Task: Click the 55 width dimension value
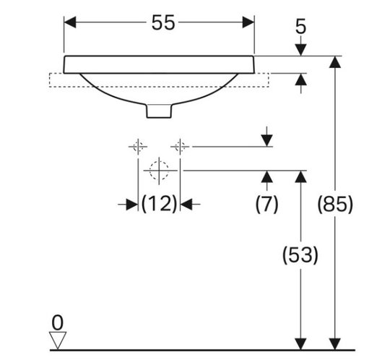coord(163,22)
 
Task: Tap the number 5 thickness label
coord(300,27)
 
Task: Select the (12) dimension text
coord(159,203)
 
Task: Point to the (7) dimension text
coord(266,204)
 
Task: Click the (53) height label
coord(300,254)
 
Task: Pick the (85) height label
coord(335,204)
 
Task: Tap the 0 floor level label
coord(58,323)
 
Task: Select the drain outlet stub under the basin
coord(159,111)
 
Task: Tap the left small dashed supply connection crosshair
coord(138,147)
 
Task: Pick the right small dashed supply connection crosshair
coord(180,147)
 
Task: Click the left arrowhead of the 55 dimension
coord(70,22)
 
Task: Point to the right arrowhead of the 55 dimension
coord(248,22)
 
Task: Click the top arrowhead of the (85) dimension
coord(335,62)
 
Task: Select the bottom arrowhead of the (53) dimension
coord(301,344)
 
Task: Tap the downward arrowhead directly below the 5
coord(301,50)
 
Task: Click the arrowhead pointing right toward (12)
coord(132,205)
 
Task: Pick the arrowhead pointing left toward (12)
coord(186,205)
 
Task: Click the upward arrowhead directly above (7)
coord(267,177)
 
